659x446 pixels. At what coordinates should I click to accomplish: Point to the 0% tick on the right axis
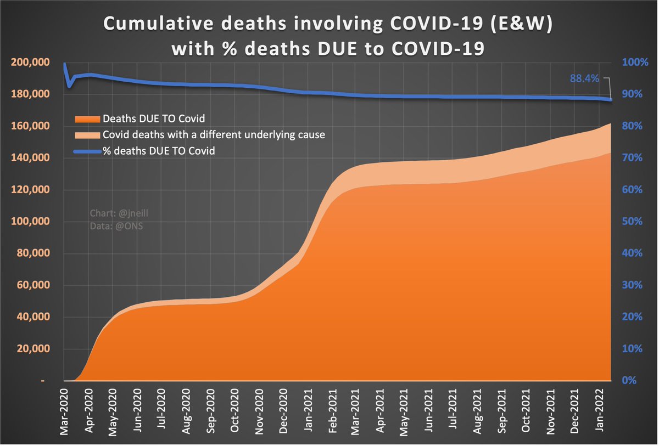point(633,381)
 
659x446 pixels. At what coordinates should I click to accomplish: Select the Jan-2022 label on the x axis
point(602,409)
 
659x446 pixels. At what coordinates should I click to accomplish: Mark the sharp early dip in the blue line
point(69,86)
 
